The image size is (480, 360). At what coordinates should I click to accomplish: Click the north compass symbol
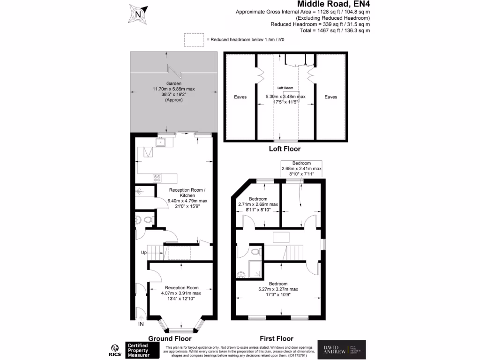(x=138, y=14)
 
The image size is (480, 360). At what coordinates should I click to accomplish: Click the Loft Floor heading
(x=285, y=149)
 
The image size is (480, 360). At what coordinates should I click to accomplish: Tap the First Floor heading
(x=277, y=338)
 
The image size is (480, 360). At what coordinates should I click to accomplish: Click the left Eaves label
(x=240, y=97)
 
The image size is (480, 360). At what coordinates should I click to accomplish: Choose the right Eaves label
(x=331, y=97)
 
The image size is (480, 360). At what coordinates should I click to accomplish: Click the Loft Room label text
(x=285, y=88)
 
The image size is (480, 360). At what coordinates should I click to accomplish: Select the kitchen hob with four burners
(x=157, y=178)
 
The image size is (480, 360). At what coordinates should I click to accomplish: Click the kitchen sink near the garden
(x=163, y=142)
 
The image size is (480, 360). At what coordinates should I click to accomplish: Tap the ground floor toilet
(x=147, y=219)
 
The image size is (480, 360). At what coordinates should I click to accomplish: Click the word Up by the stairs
(x=144, y=253)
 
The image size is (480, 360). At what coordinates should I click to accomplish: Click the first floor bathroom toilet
(x=255, y=252)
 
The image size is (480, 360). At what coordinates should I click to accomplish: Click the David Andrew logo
(x=342, y=350)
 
